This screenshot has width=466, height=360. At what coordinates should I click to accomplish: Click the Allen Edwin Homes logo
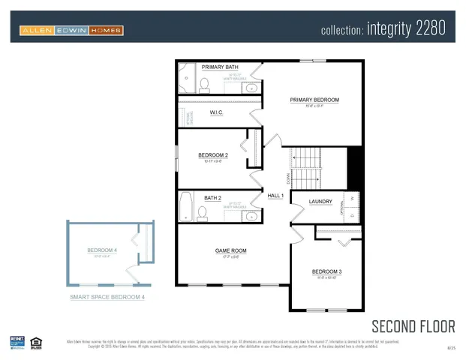71,31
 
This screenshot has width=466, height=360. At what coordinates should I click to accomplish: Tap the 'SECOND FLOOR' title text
413,325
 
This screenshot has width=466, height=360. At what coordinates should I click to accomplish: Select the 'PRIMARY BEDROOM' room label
314,100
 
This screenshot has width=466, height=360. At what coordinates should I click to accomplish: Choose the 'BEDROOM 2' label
213,155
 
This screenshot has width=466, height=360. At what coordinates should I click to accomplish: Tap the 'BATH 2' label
212,198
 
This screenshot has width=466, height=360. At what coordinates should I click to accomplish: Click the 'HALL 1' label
275,196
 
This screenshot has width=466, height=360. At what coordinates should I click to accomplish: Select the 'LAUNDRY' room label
320,201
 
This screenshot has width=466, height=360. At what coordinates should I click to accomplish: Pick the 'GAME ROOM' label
230,250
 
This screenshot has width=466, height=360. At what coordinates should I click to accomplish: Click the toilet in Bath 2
201,213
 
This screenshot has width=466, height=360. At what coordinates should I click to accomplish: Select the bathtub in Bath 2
186,207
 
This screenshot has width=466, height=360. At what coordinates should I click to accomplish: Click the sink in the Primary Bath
251,88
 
